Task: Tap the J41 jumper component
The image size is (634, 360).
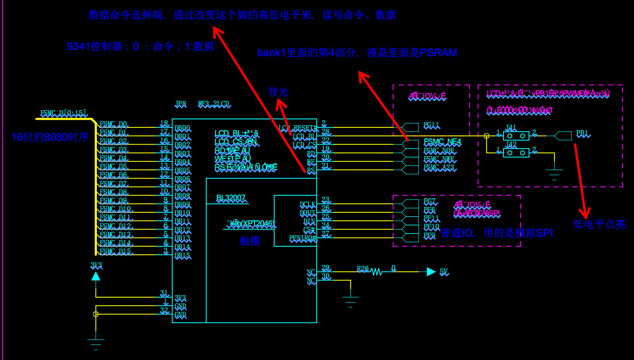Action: coord(516,136)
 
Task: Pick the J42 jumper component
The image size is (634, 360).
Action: coord(516,153)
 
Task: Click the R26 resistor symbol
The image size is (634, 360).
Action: coord(377,272)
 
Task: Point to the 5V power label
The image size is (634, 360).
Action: coord(443,272)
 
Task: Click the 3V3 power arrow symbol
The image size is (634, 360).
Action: coord(96,276)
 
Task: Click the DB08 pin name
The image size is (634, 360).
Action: coord(182,196)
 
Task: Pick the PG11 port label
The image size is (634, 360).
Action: coord(431,126)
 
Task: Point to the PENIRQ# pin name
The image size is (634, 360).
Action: coord(303,238)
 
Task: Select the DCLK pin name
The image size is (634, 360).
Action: coord(307,205)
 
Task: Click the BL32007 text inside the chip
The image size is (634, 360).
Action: coord(231,198)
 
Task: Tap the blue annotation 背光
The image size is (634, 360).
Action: coord(278,92)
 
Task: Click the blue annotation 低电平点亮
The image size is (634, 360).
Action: coord(599,224)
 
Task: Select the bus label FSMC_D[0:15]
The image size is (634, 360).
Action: coord(63,114)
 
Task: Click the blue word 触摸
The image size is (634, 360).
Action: coord(250,241)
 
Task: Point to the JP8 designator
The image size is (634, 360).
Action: coord(181,104)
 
